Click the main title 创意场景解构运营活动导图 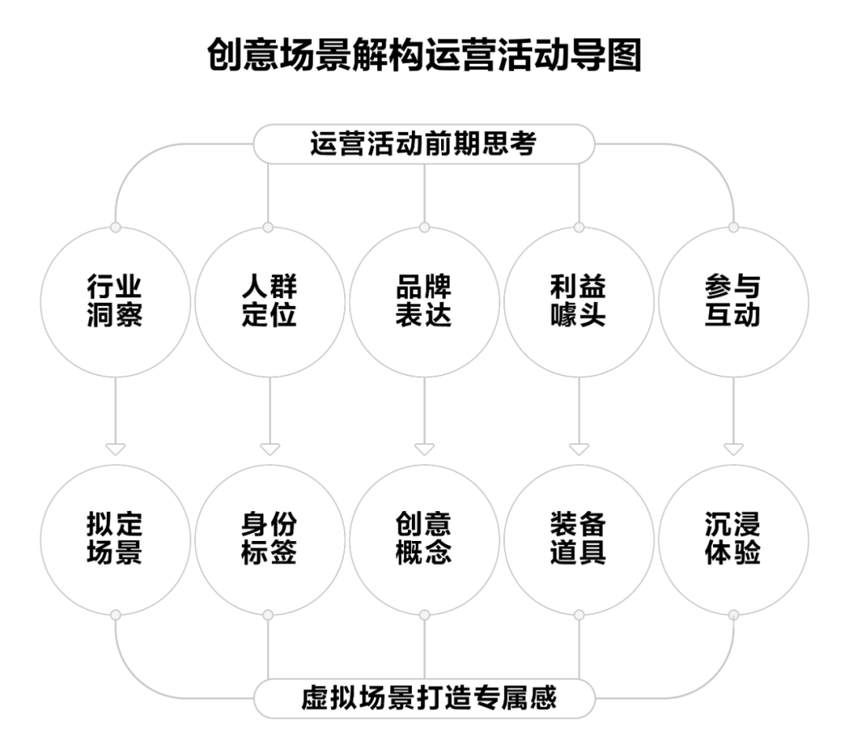424,57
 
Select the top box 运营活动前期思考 424,145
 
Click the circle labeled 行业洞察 116,302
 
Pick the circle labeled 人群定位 269,302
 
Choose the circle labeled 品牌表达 424,302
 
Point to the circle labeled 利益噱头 579,302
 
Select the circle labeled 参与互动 733,302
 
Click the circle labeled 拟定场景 116,539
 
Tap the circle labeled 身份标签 269,539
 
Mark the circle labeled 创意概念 424,539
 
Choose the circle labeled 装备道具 579,539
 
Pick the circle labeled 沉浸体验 733,539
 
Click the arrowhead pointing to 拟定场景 116,450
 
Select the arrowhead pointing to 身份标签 270,450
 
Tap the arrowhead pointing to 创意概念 424,450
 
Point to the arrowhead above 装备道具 579,450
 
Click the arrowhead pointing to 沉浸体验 733,450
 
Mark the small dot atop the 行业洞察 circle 116,227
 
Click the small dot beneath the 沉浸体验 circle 733,614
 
